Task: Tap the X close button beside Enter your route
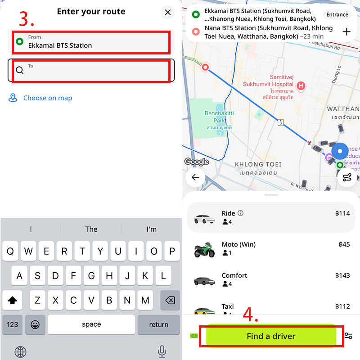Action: click(168, 12)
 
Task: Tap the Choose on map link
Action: click(47, 98)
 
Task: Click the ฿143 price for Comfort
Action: click(342, 275)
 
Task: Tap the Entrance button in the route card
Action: click(337, 15)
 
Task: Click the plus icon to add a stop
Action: click(346, 31)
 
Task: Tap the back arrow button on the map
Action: click(195, 177)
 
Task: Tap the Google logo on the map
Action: click(197, 162)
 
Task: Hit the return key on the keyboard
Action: click(158, 324)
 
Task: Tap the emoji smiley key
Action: click(35, 324)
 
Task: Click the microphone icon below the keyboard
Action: click(162, 351)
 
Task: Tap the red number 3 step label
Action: click(27, 19)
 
